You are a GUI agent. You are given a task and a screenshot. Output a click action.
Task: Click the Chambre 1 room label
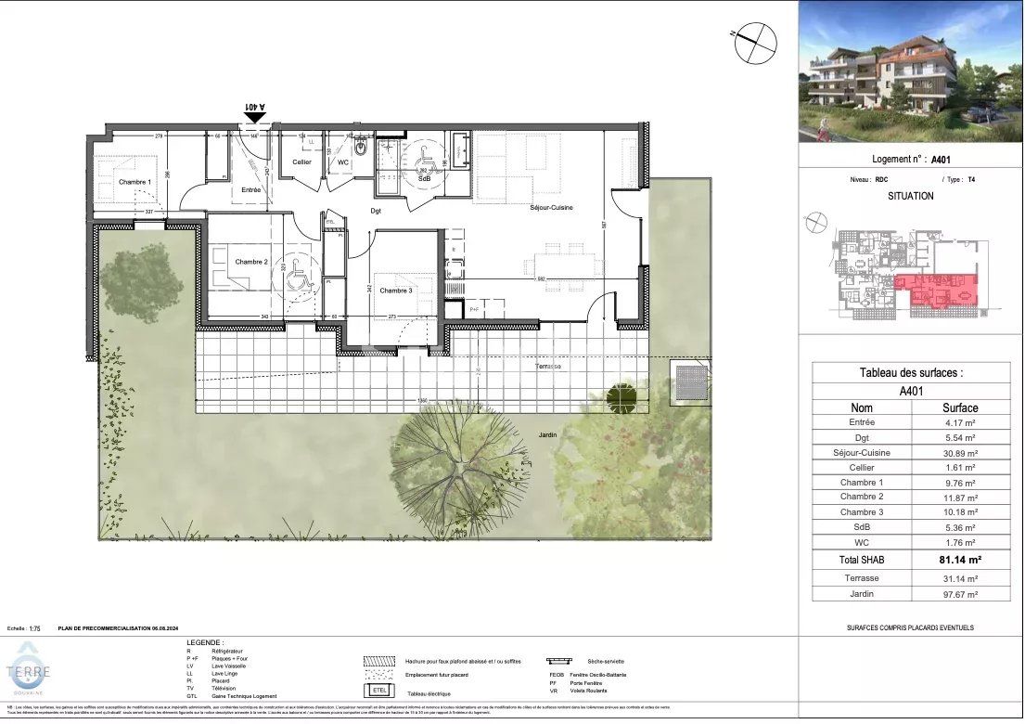point(135,181)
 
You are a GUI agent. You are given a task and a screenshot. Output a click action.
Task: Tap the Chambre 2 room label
point(250,262)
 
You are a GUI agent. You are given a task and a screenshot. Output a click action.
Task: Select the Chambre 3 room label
point(395,291)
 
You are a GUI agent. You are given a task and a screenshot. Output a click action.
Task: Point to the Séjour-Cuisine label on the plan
point(551,207)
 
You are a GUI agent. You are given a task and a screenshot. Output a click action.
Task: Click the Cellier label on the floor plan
point(301,162)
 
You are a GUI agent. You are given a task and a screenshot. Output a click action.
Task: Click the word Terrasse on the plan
point(548,367)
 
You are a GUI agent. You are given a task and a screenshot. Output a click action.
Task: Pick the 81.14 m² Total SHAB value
point(960,560)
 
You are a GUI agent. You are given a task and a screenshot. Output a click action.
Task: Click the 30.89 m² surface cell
point(960,452)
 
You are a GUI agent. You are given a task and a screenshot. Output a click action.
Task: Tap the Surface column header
point(960,407)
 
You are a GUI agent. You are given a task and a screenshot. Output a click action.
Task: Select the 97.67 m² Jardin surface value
point(960,594)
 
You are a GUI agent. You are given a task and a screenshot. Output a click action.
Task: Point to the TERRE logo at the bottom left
point(30,673)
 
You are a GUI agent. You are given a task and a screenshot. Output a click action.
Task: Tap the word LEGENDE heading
point(204,642)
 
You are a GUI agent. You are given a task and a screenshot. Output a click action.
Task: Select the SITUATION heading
point(910,197)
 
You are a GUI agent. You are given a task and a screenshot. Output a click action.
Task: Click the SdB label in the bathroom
point(424,178)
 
